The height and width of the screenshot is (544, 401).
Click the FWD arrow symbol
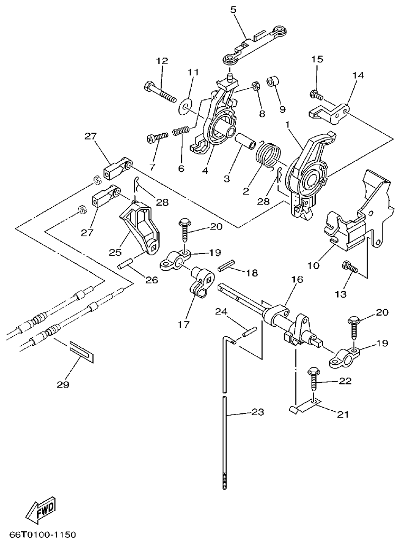pyautogui.click(x=41, y=508)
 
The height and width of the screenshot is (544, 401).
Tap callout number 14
pyautogui.click(x=358, y=76)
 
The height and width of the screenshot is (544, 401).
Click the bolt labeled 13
pyautogui.click(x=350, y=268)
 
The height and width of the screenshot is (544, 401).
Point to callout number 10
pyautogui.click(x=313, y=265)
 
